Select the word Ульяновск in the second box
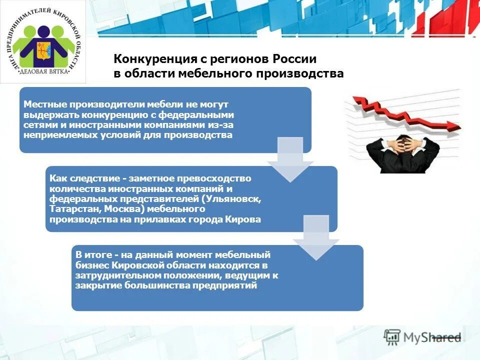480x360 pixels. click(235, 199)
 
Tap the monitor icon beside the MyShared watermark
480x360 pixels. click(392, 336)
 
